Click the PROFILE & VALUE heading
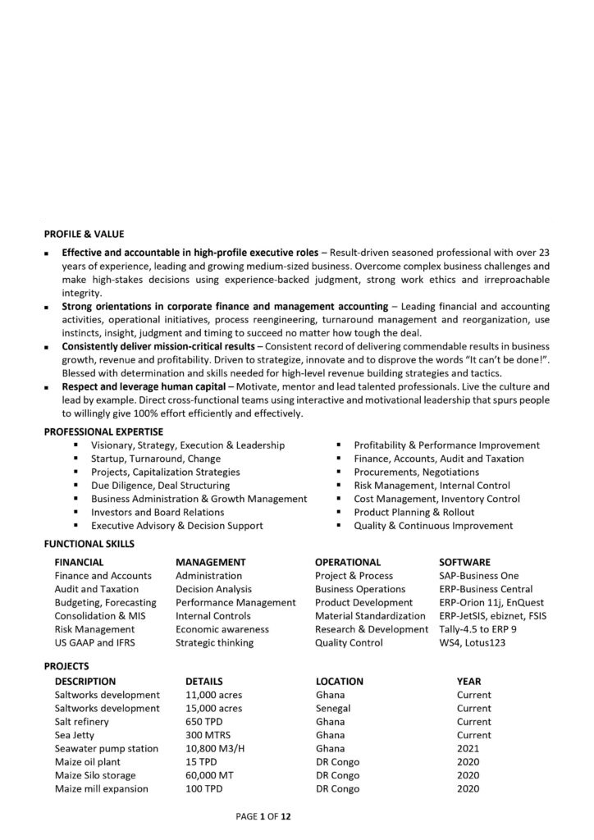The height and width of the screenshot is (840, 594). pyautogui.click(x=84, y=234)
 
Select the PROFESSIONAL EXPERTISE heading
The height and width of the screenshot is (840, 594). pyautogui.click(x=103, y=431)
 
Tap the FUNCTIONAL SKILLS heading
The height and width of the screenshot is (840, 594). pyautogui.click(x=89, y=543)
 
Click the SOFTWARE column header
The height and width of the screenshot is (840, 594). pyautogui.click(x=464, y=562)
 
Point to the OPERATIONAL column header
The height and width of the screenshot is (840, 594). pyautogui.click(x=348, y=562)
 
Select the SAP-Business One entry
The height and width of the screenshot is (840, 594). pyautogui.click(x=479, y=576)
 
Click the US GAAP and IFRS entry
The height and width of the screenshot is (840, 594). pyautogui.click(x=93, y=642)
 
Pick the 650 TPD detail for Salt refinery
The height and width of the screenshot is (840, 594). pyautogui.click(x=205, y=721)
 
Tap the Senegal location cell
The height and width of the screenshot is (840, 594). pyautogui.click(x=333, y=708)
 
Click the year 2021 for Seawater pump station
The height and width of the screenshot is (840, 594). pyautogui.click(x=468, y=748)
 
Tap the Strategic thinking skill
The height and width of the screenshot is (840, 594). pyautogui.click(x=214, y=642)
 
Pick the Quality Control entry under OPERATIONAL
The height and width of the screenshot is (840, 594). pyautogui.click(x=349, y=642)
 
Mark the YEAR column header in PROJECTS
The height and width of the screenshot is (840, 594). pyautogui.click(x=468, y=681)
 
